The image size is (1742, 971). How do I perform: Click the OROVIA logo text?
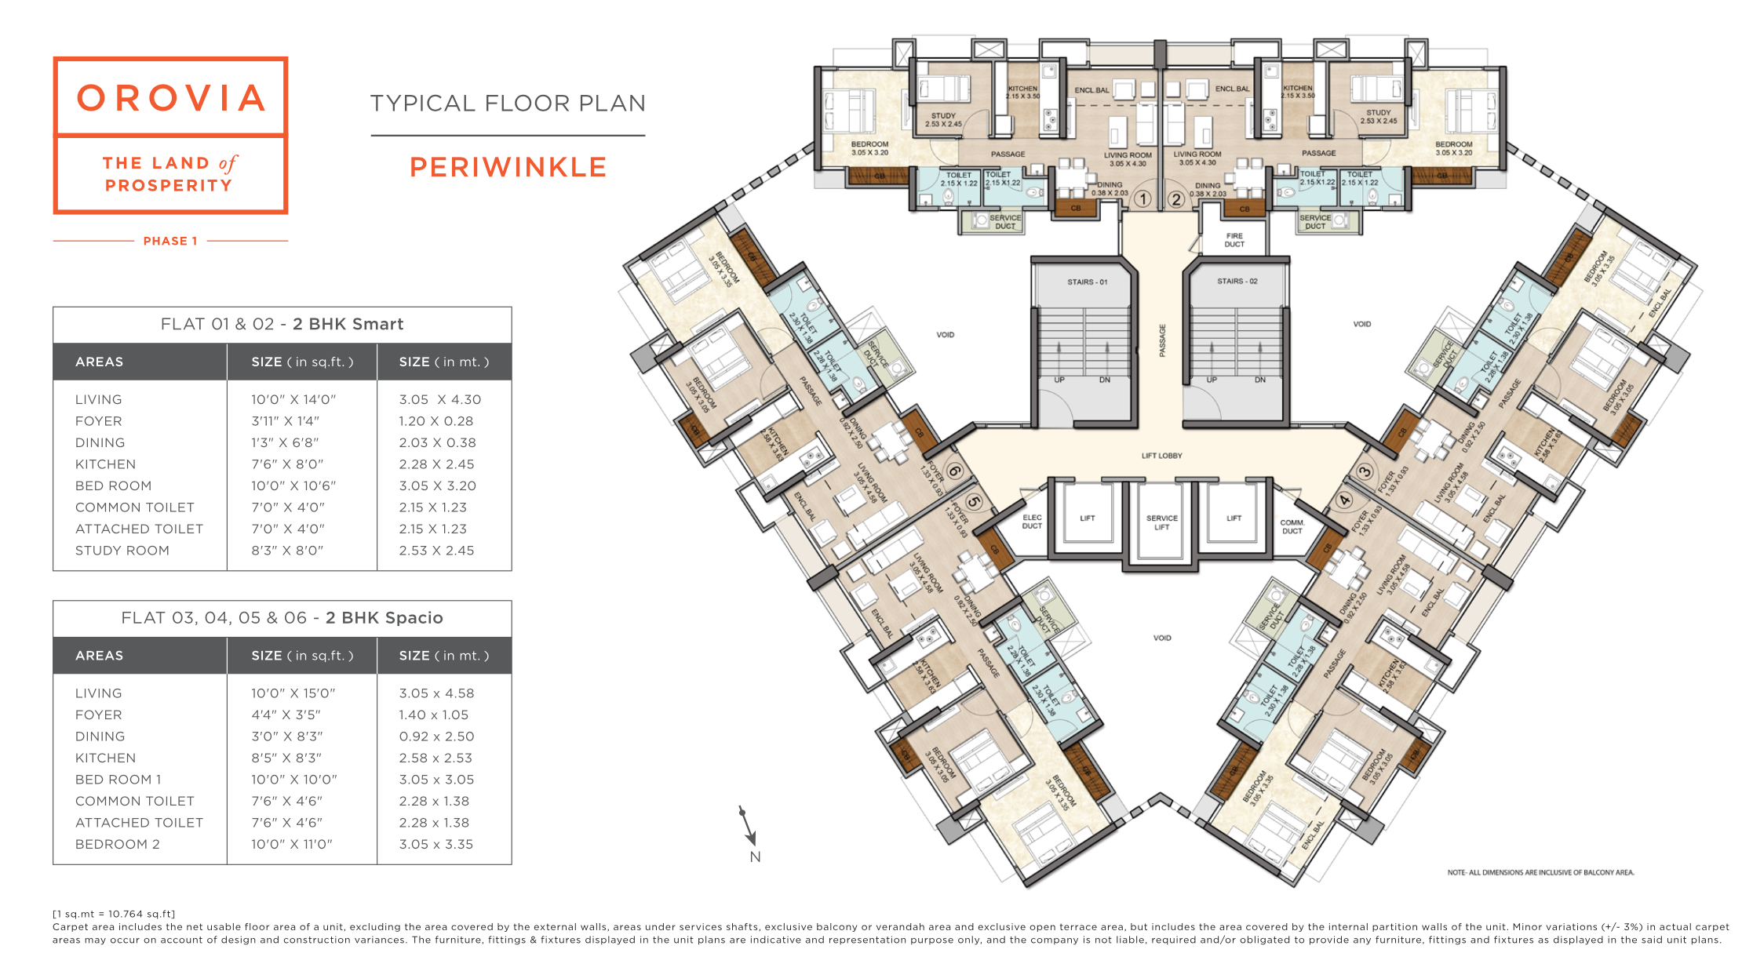pos(171,98)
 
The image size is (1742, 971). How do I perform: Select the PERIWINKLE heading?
pos(508,167)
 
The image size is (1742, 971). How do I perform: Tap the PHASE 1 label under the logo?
pos(170,241)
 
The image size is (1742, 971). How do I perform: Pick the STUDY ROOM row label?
pos(122,551)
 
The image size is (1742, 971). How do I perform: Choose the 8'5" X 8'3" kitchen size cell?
pos(287,758)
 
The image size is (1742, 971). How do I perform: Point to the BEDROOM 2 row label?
pos(118,844)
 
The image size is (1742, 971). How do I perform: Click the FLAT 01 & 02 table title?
pos(282,324)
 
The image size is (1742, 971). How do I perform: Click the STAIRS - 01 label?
pos(1087,282)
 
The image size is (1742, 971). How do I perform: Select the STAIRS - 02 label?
pos(1237,281)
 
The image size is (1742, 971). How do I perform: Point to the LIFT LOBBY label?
pos(1161,456)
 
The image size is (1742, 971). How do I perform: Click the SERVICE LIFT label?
pos(1161,522)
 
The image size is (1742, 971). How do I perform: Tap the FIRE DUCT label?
pos(1234,240)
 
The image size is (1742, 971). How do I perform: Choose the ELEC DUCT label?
pos(1032,522)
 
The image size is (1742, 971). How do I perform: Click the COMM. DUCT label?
pos(1292,526)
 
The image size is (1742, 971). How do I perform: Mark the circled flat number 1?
pos(1143,199)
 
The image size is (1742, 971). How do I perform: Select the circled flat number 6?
pos(954,471)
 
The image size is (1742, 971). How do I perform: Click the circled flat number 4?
pos(1345,500)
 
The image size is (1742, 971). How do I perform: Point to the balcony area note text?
pos(1540,872)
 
